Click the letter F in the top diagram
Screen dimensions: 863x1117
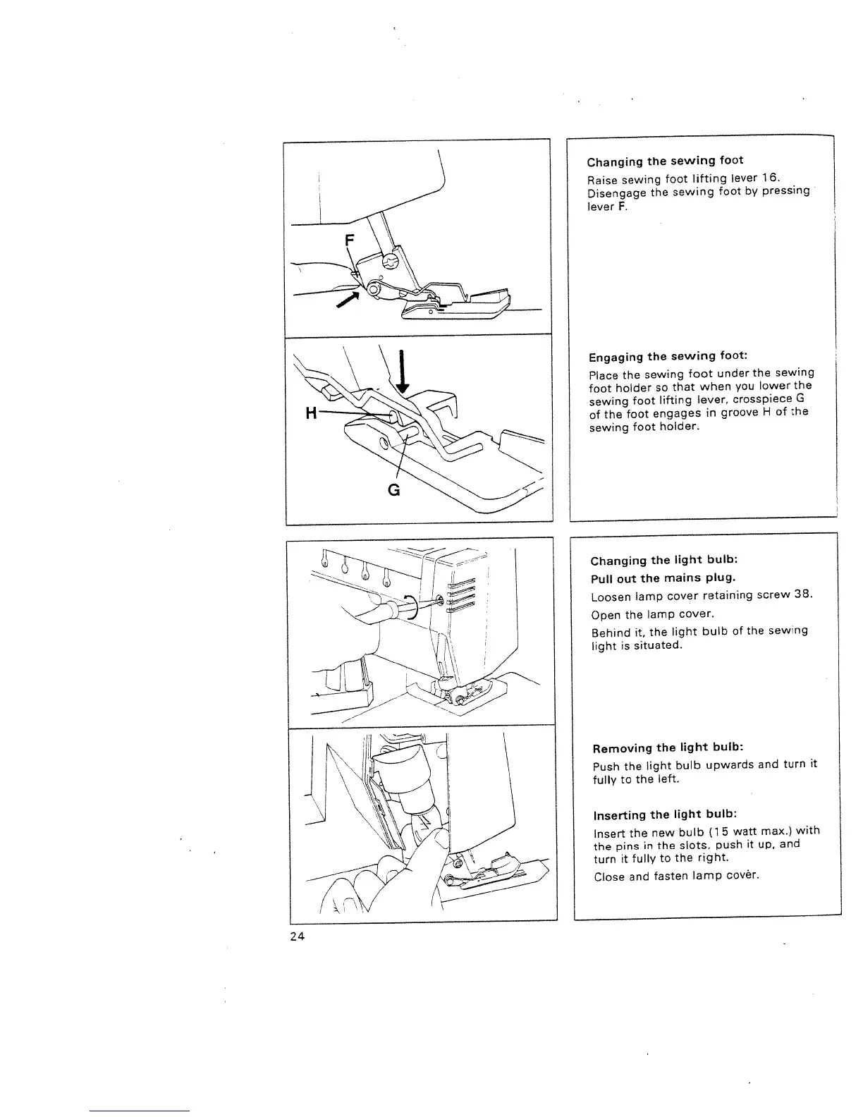(x=348, y=240)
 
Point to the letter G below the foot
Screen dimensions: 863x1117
(x=394, y=489)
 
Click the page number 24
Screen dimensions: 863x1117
(x=296, y=936)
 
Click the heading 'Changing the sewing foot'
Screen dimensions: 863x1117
(x=665, y=161)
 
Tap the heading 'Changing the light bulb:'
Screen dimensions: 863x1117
(x=664, y=561)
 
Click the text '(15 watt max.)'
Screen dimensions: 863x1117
(x=746, y=831)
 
